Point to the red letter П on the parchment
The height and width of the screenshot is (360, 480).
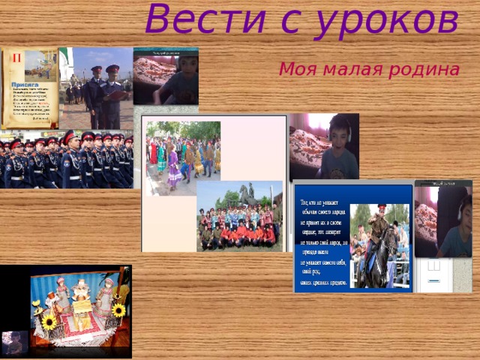pyautogui.click(x=13, y=58)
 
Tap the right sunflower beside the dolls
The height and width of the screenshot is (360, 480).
pyautogui.click(x=118, y=310)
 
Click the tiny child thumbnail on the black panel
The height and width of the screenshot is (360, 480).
pyautogui.click(x=13, y=342)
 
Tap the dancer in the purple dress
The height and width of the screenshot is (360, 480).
pyautogui.click(x=174, y=169)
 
